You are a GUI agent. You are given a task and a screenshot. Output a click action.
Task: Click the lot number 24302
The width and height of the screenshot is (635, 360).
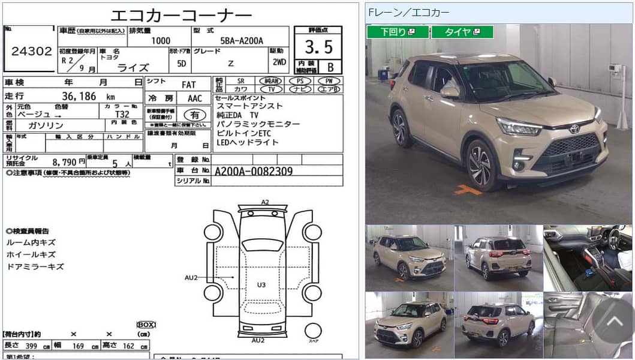(32, 51)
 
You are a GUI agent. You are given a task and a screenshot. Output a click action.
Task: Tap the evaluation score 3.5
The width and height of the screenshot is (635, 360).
(318, 47)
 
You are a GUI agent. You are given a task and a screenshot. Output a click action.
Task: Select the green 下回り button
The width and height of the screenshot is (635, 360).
(397, 32)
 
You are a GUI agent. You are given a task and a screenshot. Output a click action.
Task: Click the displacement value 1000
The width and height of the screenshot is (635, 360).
(160, 41)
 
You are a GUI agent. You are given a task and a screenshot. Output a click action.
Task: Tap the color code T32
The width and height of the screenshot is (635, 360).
(122, 113)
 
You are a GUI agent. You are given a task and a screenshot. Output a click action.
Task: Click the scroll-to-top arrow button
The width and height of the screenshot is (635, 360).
(613, 321)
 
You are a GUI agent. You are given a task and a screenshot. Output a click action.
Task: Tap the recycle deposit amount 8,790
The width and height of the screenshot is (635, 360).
(65, 161)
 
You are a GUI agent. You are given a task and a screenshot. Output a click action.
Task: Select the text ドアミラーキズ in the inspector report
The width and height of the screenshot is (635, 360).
(35, 266)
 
